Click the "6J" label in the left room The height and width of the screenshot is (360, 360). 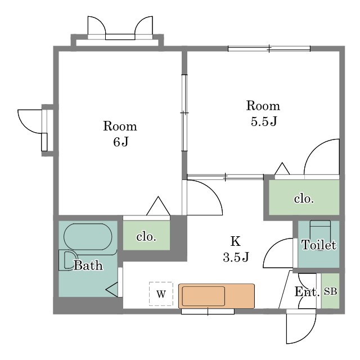(120, 142)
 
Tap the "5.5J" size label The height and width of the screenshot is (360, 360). (264, 121)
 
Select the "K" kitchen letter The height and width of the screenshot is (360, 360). (236, 241)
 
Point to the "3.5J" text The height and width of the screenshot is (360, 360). (236, 257)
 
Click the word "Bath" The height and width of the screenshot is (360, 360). (88, 265)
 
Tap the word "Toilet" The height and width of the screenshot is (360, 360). (319, 245)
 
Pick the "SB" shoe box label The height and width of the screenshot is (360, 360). (330, 291)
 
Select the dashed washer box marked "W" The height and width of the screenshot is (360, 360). (161, 294)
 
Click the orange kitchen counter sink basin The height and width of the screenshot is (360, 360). (204, 296)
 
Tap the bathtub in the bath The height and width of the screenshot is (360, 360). (88, 237)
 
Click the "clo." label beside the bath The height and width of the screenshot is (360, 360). (146, 236)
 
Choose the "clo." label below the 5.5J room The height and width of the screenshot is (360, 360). (304, 199)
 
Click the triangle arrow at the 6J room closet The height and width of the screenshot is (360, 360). (158, 206)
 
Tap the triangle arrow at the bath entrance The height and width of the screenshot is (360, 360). (112, 290)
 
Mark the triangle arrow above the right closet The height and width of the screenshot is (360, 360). (282, 168)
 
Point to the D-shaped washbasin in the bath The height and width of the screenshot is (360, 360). (68, 260)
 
